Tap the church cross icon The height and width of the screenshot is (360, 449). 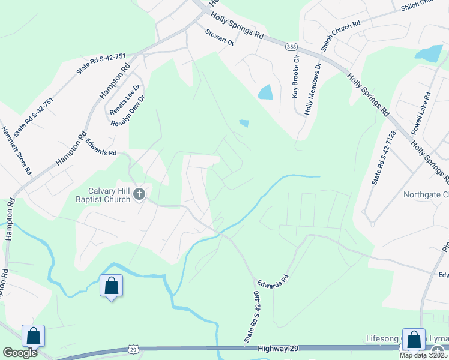[139, 194]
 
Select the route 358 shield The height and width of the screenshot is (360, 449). [291, 47]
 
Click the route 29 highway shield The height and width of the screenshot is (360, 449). [133, 349]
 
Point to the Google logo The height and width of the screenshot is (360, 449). [20, 353]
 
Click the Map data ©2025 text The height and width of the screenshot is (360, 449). [423, 355]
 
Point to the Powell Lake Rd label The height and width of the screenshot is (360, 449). [421, 112]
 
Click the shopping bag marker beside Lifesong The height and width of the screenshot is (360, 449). [414, 340]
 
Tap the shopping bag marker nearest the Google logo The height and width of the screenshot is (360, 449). [33, 336]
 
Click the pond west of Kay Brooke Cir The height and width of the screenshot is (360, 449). [265, 92]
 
